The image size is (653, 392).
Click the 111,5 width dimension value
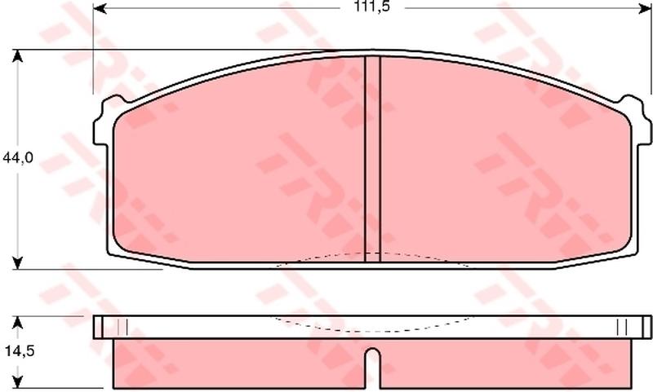point(372,7)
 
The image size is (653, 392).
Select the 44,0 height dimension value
point(17,157)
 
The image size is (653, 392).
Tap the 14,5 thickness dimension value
point(20,351)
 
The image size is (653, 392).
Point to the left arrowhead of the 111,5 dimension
point(100,8)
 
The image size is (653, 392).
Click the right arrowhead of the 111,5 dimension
point(645,8)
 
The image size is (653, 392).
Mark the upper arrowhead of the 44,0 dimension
point(17,56)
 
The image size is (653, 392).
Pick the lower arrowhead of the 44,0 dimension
point(17,262)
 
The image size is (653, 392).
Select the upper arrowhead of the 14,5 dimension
point(17,322)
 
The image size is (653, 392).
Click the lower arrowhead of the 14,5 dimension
point(17,382)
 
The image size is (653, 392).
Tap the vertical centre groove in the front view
point(372,159)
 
